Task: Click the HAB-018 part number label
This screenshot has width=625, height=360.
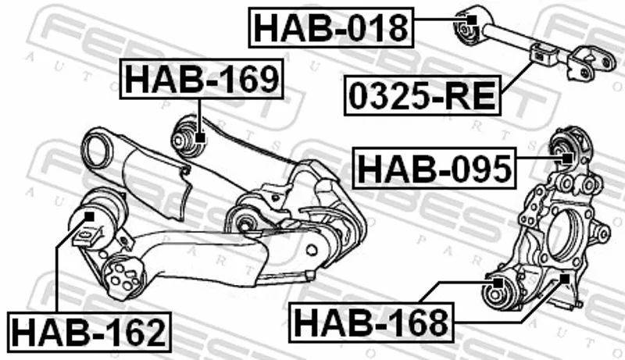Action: coord(330,27)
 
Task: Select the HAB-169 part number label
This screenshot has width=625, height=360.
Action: coord(202,79)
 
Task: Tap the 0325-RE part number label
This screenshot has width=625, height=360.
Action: coord(423,95)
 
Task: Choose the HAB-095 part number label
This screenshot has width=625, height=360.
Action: coord(434,168)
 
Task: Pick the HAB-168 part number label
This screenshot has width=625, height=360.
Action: coord(371,323)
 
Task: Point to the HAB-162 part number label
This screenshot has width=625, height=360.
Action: coord(89,332)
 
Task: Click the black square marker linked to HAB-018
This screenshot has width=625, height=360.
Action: coord(471,20)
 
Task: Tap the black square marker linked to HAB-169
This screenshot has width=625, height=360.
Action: coord(200,137)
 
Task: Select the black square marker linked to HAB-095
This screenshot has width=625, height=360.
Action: coord(567,158)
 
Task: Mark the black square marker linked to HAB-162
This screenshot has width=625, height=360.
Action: coord(90,216)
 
